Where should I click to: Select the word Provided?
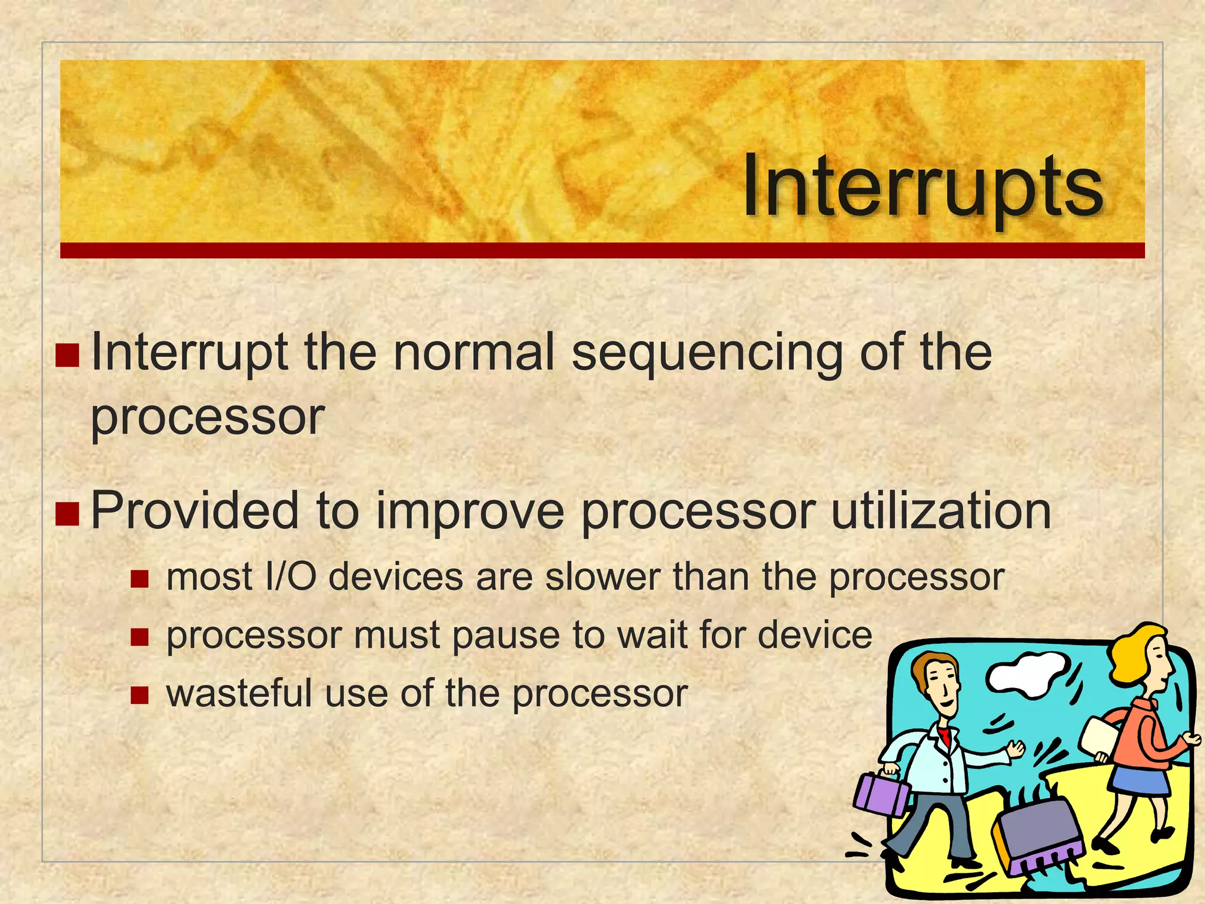click(195, 510)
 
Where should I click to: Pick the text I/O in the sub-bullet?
click(291, 577)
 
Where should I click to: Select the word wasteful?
click(239, 693)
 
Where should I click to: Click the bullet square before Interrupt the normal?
click(67, 355)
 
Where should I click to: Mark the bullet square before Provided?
click(67, 513)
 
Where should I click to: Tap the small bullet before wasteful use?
click(139, 696)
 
